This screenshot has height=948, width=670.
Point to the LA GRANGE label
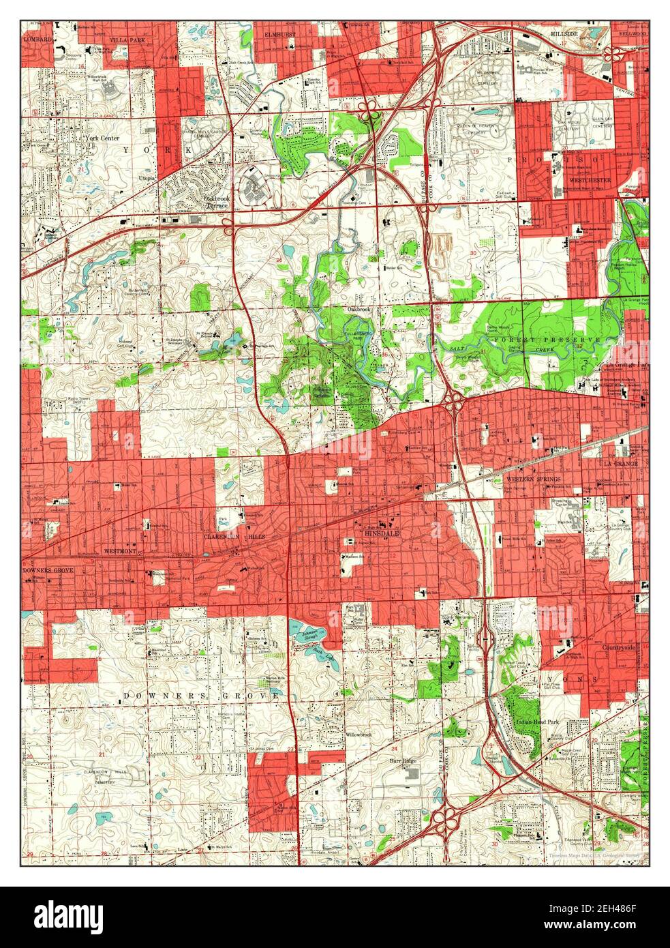(x=619, y=463)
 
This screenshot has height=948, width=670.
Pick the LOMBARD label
(x=37, y=40)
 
